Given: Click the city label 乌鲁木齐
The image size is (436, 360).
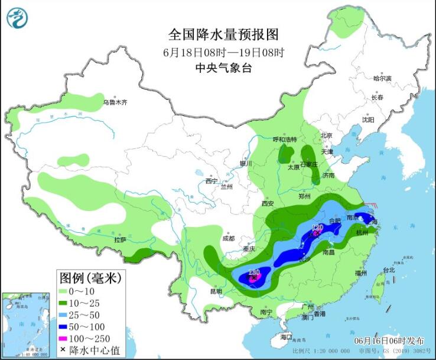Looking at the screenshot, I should [115, 102].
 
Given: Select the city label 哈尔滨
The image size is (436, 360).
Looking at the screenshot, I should [382, 78].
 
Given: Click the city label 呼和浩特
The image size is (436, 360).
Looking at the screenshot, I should [284, 140].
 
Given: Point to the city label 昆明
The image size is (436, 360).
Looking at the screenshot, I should [215, 291].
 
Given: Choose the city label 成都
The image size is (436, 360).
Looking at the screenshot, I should [227, 239].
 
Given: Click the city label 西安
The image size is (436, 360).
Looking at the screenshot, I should [268, 203].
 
